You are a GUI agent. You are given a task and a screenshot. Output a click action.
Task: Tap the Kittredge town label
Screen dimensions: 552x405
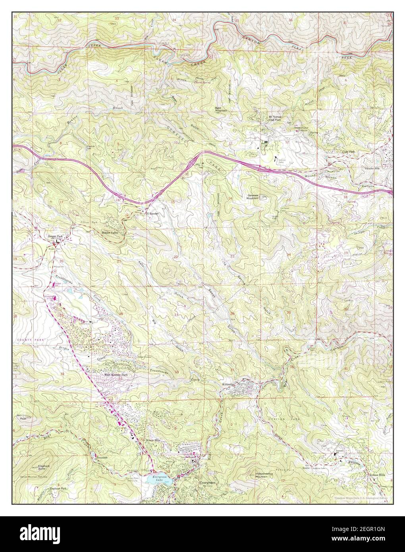pyautogui.click(x=229, y=384)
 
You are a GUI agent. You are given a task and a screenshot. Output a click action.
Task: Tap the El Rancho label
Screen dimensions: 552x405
pyautogui.click(x=152, y=214)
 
